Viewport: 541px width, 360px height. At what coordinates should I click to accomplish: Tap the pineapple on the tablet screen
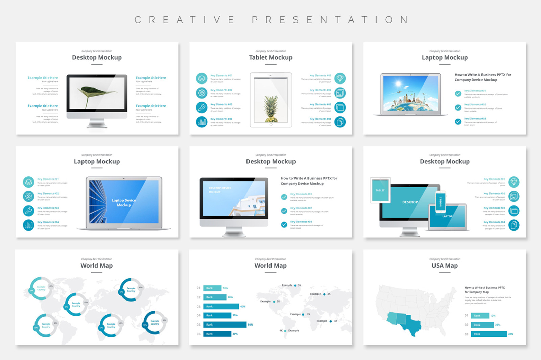[271, 109]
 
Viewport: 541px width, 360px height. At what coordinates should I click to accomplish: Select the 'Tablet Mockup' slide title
[271, 58]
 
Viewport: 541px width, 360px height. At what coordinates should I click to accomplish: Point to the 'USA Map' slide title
[445, 266]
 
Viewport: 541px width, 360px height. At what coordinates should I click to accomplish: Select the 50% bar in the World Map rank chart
[225, 325]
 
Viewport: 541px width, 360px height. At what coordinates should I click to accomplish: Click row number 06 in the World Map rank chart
[198, 334]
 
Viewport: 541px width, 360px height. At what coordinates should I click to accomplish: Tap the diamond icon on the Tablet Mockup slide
[340, 78]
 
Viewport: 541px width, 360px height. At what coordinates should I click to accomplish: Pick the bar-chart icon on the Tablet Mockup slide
[202, 122]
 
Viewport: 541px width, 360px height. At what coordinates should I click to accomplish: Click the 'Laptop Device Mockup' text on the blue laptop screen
[124, 203]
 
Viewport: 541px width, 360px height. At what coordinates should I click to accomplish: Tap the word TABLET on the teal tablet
[380, 190]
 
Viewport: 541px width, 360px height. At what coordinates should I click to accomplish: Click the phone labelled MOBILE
[440, 202]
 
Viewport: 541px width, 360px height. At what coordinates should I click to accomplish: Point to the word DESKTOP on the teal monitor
[410, 202]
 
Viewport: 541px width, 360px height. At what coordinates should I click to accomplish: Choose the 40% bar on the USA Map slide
[489, 334]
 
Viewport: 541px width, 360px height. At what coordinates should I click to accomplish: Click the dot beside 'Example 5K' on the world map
[274, 302]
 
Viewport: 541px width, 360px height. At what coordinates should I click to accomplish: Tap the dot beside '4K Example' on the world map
[285, 331]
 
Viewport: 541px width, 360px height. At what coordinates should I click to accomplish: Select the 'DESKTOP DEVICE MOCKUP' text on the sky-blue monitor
[220, 190]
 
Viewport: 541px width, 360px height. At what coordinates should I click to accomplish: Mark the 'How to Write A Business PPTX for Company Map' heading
[485, 290]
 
